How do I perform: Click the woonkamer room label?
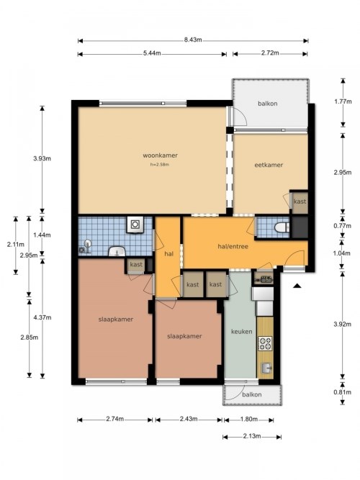pyautogui.click(x=160, y=155)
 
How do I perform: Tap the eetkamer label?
pyautogui.click(x=269, y=165)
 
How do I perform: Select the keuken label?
pyautogui.click(x=242, y=332)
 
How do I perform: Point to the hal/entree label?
pyautogui.click(x=233, y=246)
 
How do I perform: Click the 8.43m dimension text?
pyautogui.click(x=193, y=40)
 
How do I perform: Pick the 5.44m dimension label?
pyautogui.click(x=152, y=53)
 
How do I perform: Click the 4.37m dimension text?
pyautogui.click(x=42, y=317)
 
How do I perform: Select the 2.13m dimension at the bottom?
pyautogui.click(x=252, y=436)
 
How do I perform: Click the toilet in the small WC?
pyautogui.click(x=282, y=227)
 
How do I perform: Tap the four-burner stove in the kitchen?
pyautogui.click(x=265, y=343)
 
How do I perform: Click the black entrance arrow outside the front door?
pyautogui.click(x=297, y=286)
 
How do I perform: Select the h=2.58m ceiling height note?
pyautogui.click(x=160, y=164)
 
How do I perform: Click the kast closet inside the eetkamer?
pyautogui.click(x=300, y=201)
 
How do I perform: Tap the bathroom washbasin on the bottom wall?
pyautogui.click(x=117, y=251)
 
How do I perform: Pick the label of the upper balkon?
pyautogui.click(x=267, y=104)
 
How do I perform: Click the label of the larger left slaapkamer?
pyautogui.click(x=116, y=320)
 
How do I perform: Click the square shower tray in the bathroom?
pyautogui.click(x=135, y=225)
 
